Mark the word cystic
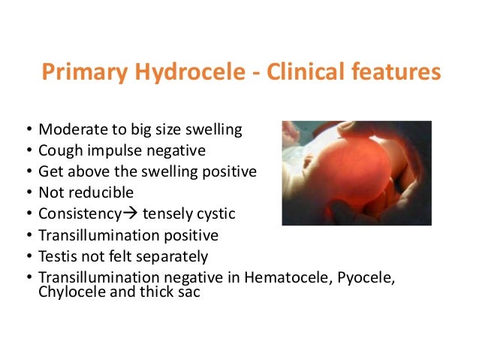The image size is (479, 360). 215,214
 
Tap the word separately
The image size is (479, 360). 166,256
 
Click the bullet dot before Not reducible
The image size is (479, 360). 28,193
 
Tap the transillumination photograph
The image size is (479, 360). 356,173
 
